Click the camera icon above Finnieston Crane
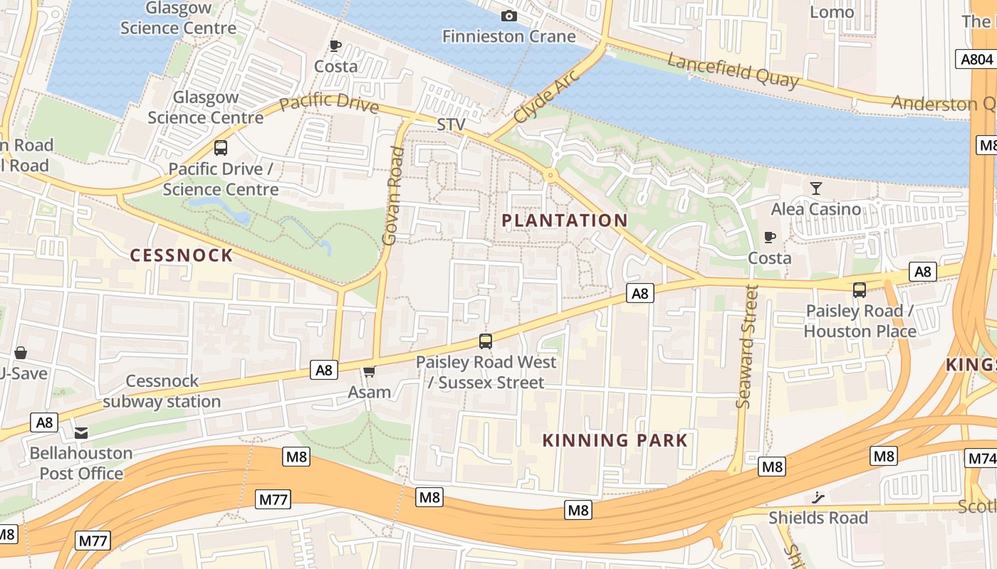click(x=509, y=16)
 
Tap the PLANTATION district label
click(x=565, y=220)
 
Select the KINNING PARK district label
click(x=615, y=440)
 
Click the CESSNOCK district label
click(x=182, y=255)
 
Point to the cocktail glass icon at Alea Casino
click(x=816, y=188)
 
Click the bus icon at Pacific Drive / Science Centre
click(x=221, y=148)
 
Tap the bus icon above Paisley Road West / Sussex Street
click(x=486, y=341)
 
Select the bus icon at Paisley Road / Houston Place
click(x=860, y=290)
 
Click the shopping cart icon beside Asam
click(x=369, y=372)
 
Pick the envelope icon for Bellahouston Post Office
click(x=81, y=432)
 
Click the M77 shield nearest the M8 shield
click(x=273, y=499)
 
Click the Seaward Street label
click(x=748, y=346)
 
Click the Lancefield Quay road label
click(x=733, y=71)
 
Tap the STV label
click(x=451, y=125)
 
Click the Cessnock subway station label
click(x=162, y=391)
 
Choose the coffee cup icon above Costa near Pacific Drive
click(x=335, y=46)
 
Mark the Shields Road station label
click(x=818, y=518)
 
